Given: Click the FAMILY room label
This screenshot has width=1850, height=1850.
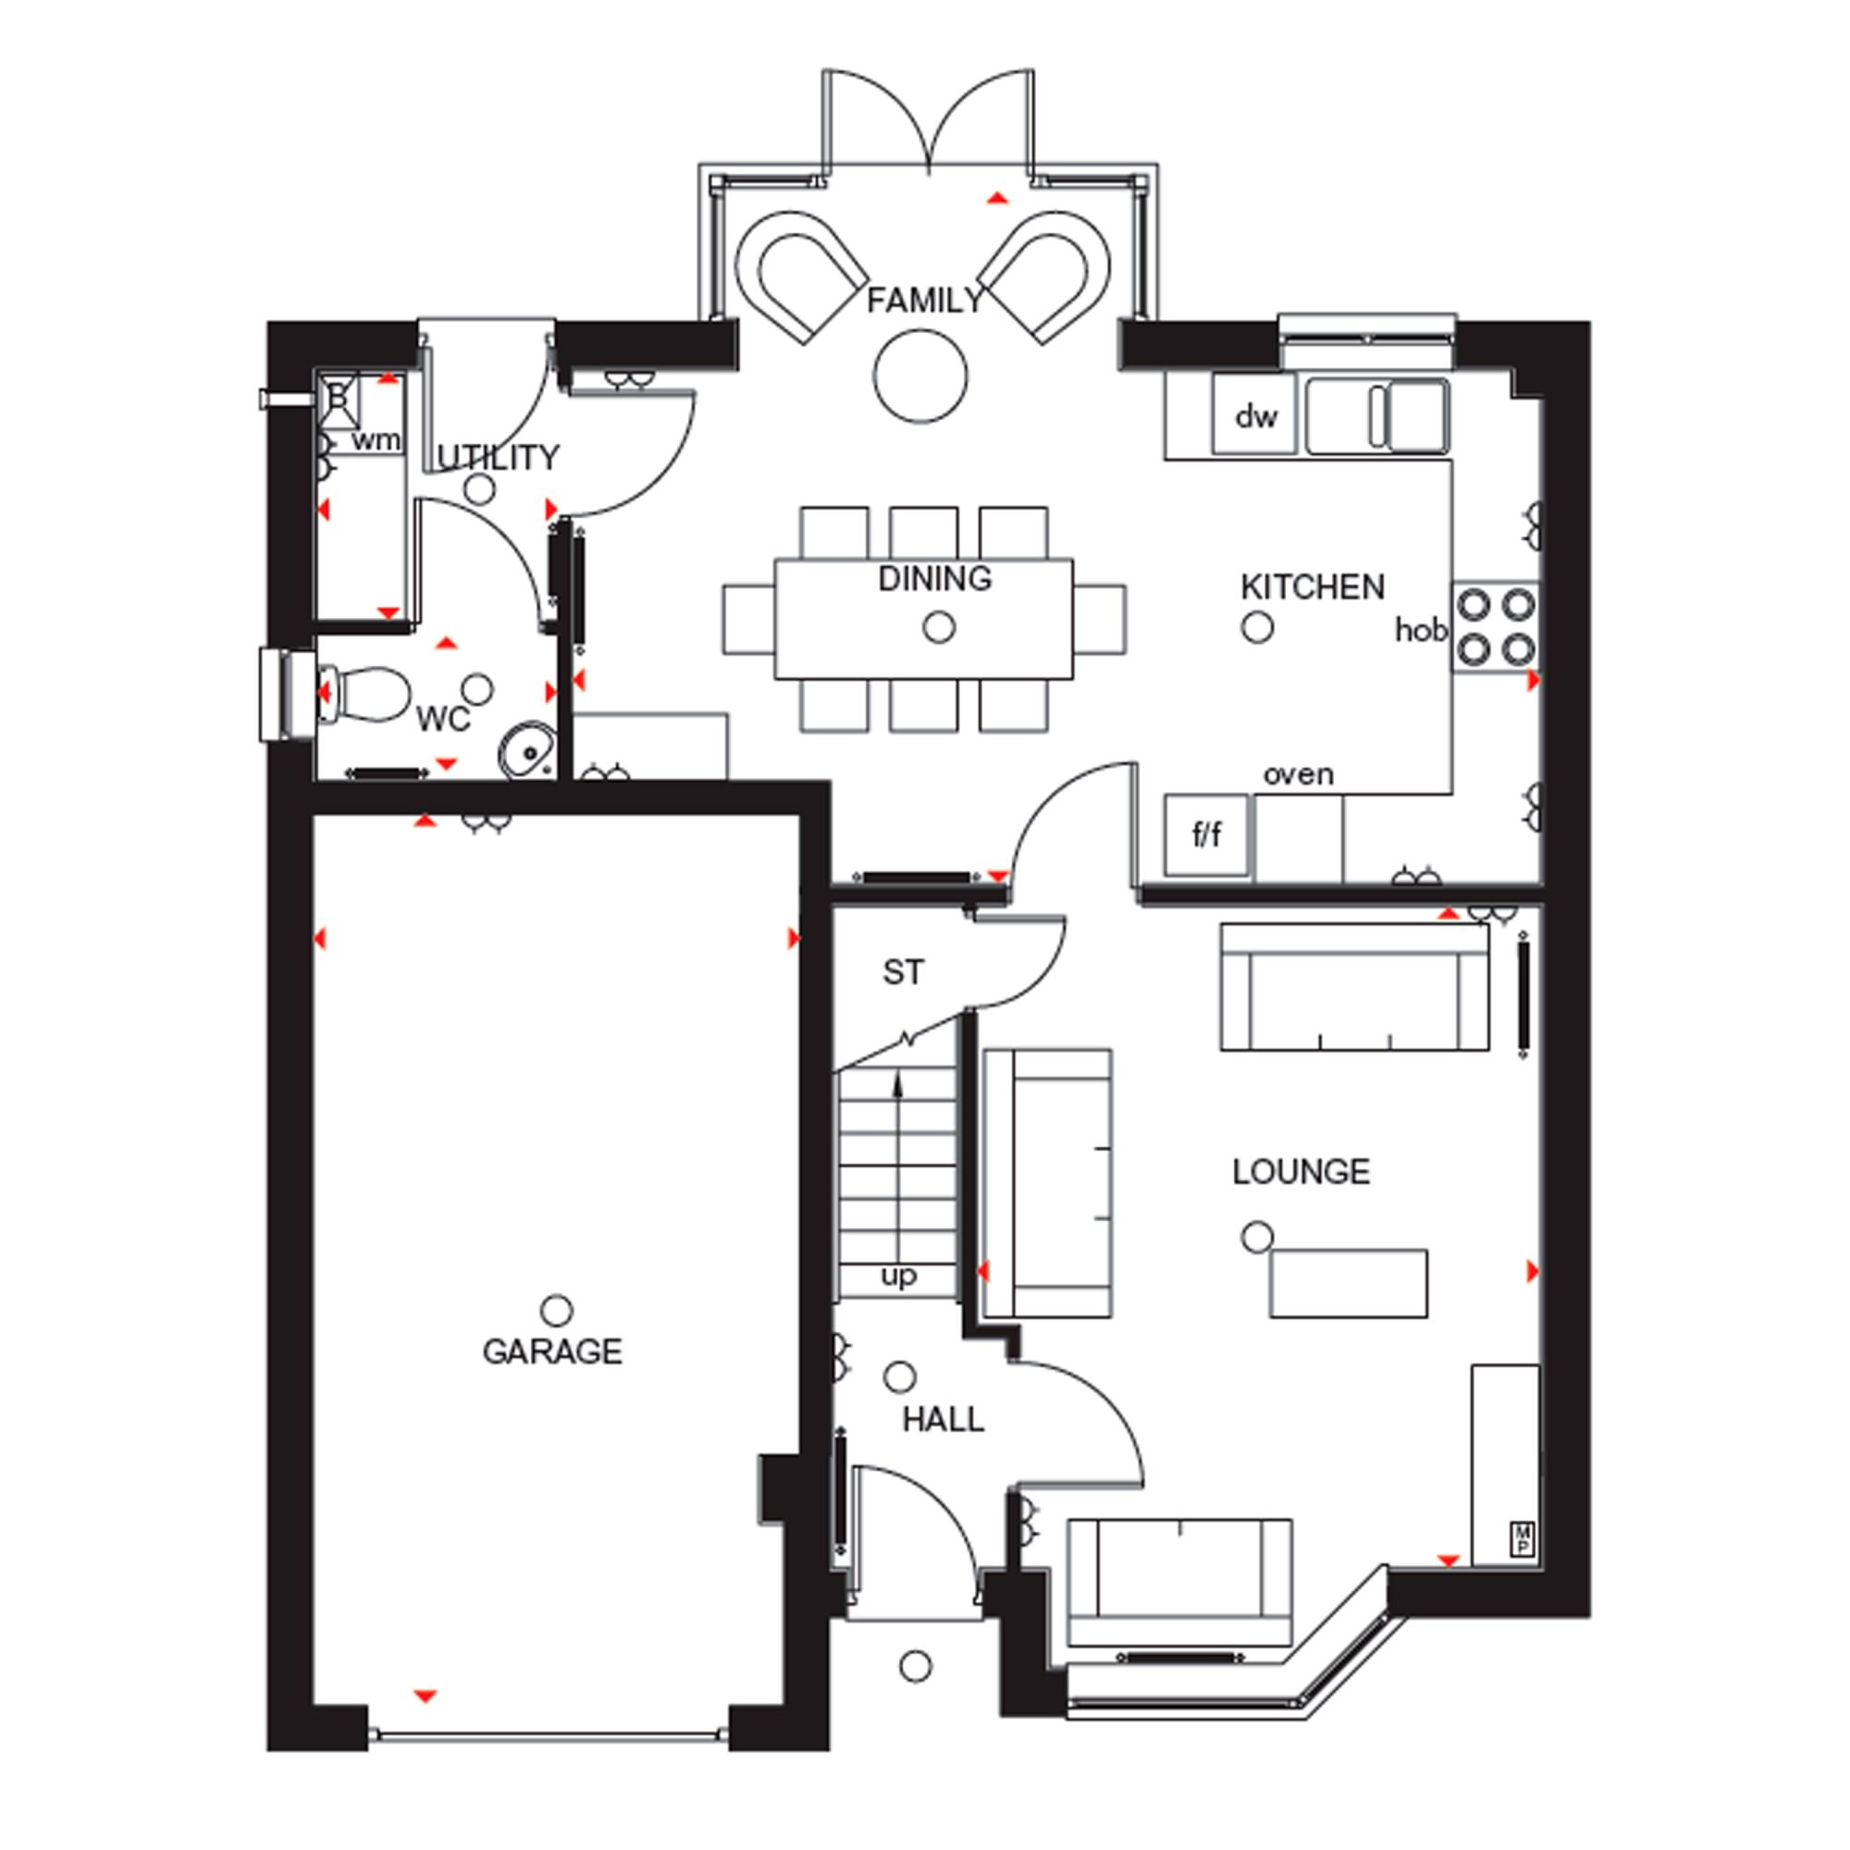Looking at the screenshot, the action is point(924,301).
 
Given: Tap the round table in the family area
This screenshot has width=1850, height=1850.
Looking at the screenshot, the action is point(920,376).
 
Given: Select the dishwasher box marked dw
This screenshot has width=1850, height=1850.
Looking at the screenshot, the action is point(1254,413).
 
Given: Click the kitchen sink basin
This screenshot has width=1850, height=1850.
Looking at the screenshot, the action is point(1417,414).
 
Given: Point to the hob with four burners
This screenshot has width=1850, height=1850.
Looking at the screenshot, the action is point(1495,627).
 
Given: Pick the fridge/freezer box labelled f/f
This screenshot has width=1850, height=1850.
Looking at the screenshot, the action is point(1206,834).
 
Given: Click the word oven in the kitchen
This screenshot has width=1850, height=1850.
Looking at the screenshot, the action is point(1298,773).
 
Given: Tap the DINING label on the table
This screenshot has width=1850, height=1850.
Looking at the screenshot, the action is point(934,578).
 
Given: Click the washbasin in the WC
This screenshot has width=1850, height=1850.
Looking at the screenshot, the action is point(525,750).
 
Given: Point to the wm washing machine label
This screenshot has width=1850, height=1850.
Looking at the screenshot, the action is point(376,440).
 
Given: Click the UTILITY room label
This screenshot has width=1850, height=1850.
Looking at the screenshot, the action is point(498,458).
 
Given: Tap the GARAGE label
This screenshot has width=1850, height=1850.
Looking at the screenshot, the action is point(552,1352).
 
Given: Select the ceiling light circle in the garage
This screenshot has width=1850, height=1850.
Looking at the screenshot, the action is point(556,1310).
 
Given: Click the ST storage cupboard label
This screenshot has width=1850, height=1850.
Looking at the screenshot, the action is point(903,973).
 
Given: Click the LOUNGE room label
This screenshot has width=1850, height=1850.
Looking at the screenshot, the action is point(1301,1172).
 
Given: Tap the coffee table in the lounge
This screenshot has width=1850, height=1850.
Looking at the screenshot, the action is point(1349,1283).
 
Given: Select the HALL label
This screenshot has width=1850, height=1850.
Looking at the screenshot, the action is point(943,1420).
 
